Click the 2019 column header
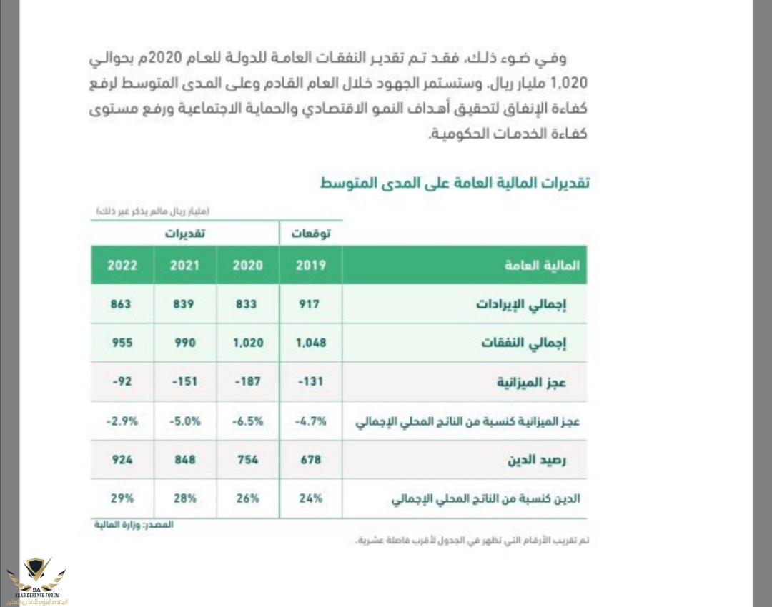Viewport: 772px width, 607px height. pos(311,265)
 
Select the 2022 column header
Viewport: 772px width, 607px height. pos(122,265)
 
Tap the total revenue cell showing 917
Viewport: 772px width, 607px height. pos(310,303)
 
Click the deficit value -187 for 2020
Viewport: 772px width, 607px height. pos(247,381)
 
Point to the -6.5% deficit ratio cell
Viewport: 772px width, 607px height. pos(247,421)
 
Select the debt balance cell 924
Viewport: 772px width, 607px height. pos(122,459)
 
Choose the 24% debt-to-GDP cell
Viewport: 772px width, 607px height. pos(310,498)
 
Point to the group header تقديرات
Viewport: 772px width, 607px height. pos(184,234)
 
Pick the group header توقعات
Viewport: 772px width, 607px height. pos(310,234)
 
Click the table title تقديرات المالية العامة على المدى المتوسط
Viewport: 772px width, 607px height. pos(455,183)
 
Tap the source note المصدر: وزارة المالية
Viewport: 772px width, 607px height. pos(134,525)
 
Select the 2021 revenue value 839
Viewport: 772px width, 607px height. pos(184,303)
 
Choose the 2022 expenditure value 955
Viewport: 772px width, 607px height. pos(122,342)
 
